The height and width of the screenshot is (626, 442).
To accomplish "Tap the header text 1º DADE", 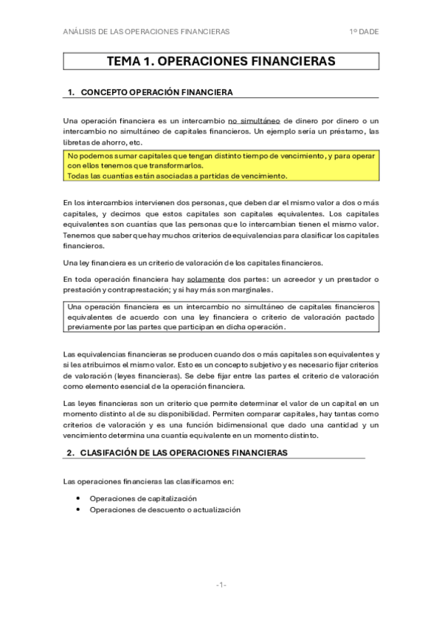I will point(364,32).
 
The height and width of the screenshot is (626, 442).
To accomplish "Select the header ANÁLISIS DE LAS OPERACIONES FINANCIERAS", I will point(146,32).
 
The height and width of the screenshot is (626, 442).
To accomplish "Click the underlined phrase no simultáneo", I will point(256,120).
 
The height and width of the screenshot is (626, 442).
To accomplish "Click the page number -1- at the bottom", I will point(221,585).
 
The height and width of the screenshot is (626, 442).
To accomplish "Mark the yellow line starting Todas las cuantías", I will point(176,176).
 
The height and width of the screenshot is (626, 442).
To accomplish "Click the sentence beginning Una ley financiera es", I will point(190,263).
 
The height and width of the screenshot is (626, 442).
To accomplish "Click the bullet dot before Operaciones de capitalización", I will point(78,498).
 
